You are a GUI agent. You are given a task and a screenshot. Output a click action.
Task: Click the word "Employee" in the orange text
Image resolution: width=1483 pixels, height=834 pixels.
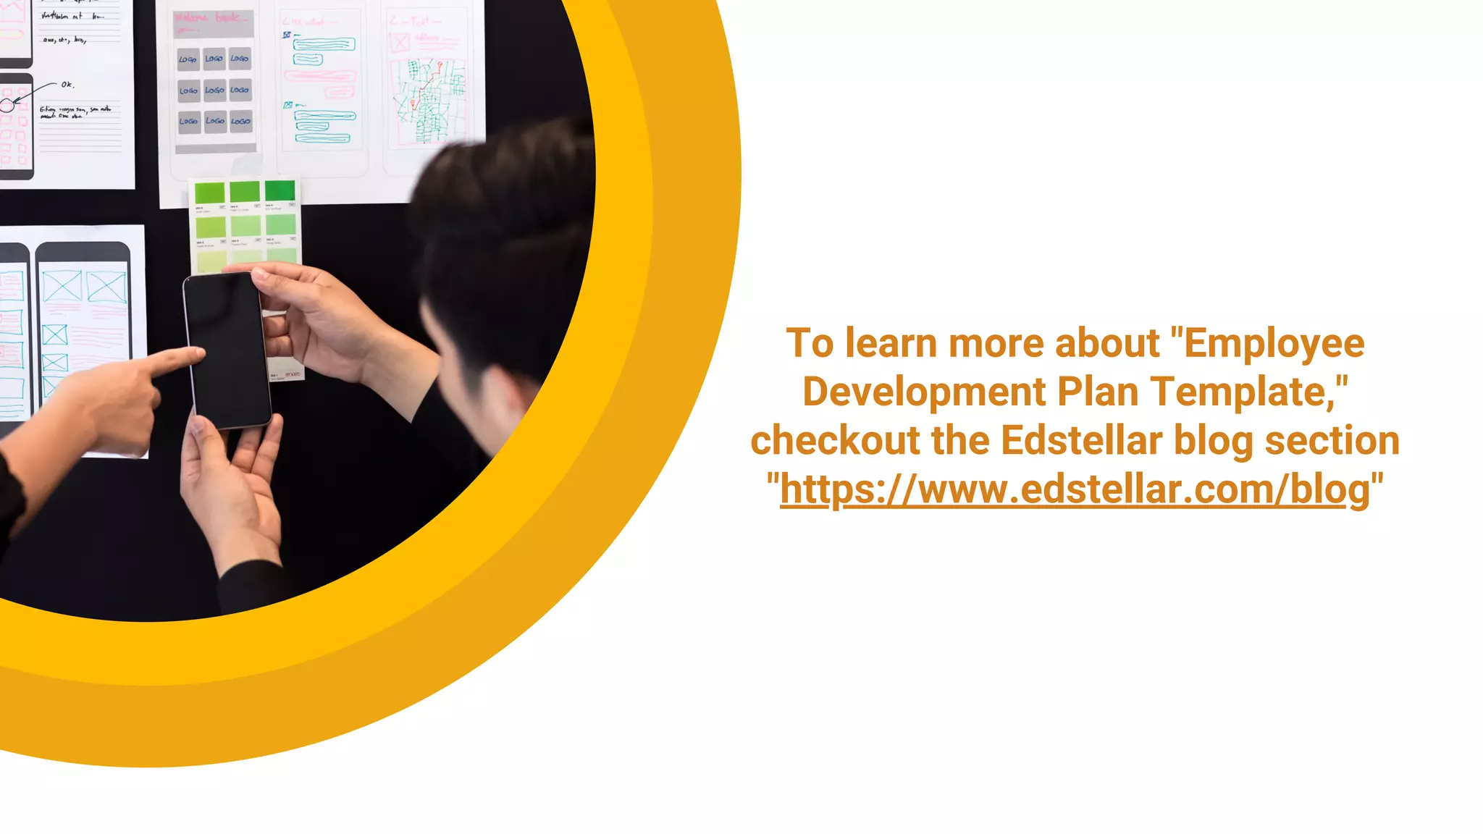click(1274, 343)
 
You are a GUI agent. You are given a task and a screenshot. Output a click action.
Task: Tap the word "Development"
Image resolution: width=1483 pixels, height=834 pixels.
click(924, 392)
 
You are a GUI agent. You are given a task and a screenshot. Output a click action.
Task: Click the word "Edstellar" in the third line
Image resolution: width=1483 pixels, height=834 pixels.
click(1081, 440)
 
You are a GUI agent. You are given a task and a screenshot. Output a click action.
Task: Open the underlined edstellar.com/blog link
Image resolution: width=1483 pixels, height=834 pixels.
click(1075, 489)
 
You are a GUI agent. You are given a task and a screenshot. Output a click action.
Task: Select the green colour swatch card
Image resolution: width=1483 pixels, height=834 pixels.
click(245, 224)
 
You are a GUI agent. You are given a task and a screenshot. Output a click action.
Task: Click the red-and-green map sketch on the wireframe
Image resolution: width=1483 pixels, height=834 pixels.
click(428, 101)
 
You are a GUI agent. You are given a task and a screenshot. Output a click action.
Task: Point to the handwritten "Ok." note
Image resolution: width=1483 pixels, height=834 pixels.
click(67, 85)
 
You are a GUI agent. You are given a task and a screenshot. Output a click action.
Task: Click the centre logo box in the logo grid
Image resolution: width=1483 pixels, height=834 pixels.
click(214, 90)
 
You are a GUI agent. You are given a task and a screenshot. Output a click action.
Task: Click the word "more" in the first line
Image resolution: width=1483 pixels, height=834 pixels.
click(996, 343)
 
